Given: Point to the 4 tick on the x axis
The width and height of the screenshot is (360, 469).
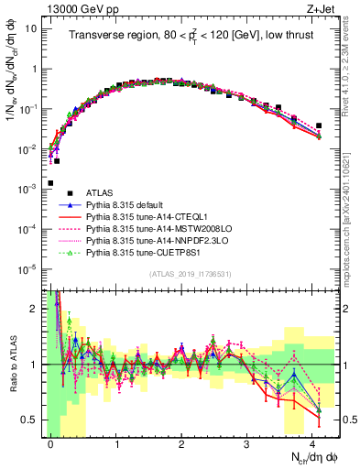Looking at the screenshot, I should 312,442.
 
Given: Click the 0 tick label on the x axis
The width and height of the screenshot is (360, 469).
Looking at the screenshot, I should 50,442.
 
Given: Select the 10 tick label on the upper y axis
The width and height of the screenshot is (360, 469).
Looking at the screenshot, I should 29,28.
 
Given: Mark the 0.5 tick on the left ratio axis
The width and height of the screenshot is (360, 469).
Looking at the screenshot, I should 29,420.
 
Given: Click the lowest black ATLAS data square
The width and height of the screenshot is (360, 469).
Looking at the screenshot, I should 50,183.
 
